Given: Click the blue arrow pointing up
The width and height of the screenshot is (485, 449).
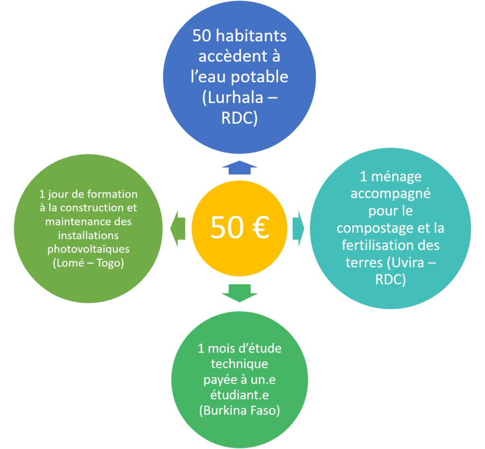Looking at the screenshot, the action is pos(239,167).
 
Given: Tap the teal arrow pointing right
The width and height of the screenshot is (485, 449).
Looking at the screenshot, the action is pos(298,229).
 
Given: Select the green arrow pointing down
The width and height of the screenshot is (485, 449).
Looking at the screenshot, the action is pos(239,293).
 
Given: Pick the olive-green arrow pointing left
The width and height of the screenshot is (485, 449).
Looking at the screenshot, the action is pos(178,229).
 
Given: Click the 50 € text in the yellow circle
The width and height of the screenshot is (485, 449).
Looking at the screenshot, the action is pos(240,228).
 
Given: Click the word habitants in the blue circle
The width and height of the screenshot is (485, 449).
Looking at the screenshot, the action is pos(251,36).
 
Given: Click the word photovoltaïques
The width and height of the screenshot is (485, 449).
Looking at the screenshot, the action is pos(89,249).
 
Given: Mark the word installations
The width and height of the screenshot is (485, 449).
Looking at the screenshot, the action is pos(89,236).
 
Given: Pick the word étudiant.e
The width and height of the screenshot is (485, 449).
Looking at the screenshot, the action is pos(239,395).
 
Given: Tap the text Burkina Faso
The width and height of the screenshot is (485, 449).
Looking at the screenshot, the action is pos(239,411).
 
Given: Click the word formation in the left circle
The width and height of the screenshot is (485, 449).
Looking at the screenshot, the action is pos(113,194).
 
